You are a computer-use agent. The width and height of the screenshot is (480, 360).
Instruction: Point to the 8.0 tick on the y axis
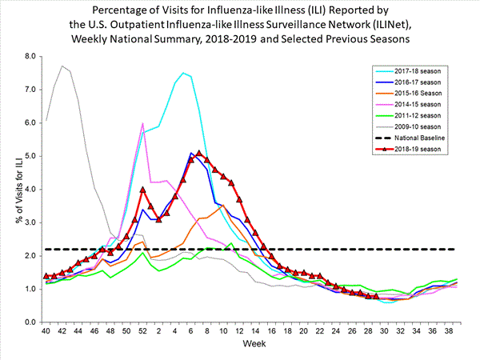tap(30, 57)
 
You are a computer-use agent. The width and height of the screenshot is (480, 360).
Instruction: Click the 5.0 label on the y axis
tap(30, 156)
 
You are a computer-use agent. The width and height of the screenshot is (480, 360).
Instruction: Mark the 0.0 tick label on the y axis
tap(30, 322)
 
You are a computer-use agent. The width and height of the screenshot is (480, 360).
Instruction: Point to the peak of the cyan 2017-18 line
tap(183, 73)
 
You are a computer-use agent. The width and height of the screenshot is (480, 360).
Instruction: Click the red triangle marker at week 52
tap(142, 190)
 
